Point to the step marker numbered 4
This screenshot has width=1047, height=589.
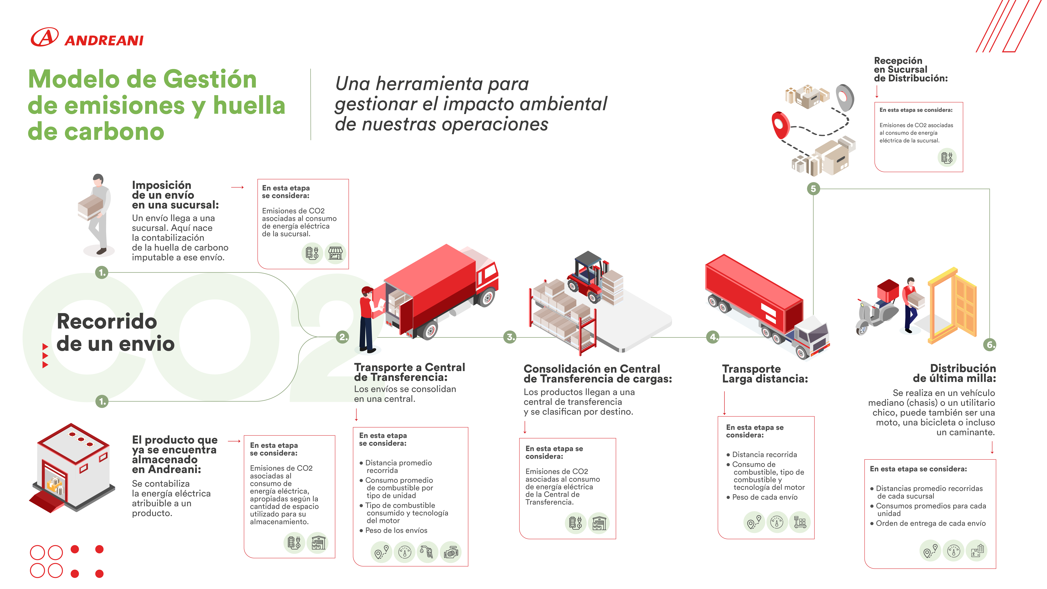(x=712, y=337)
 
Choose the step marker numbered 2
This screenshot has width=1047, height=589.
(x=343, y=337)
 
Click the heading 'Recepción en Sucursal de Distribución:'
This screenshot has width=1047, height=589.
(x=910, y=70)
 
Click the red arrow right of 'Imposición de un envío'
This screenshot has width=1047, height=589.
(x=237, y=187)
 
